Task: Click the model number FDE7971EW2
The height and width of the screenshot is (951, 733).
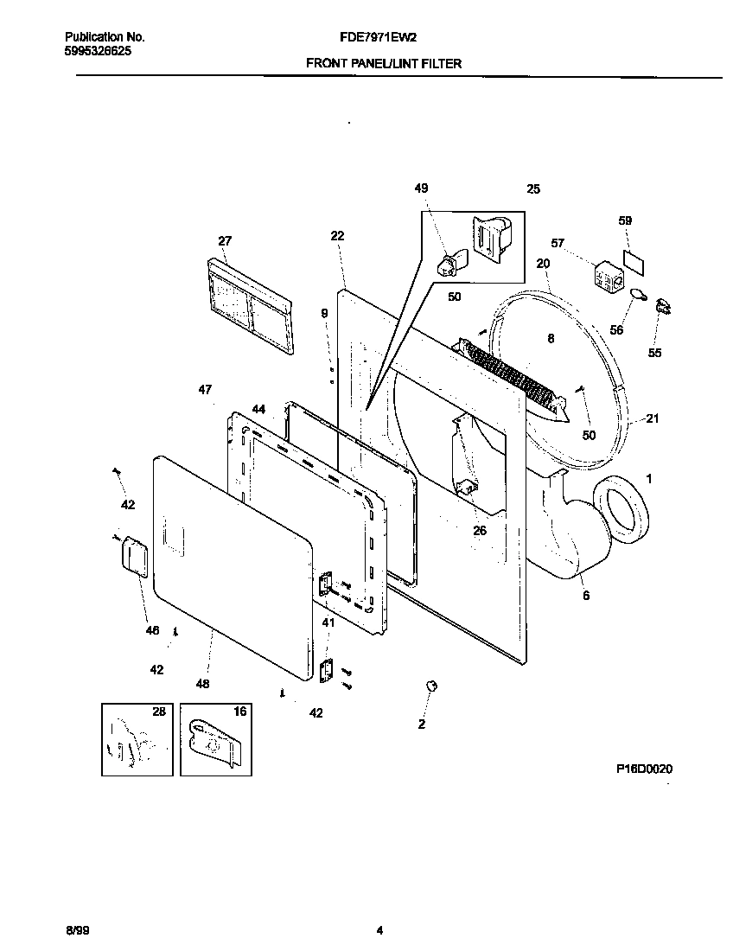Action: tap(379, 38)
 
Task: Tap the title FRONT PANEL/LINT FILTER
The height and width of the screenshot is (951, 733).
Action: tap(384, 63)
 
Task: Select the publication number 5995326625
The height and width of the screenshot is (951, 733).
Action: tap(99, 51)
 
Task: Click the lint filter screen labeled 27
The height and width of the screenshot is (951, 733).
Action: tap(247, 304)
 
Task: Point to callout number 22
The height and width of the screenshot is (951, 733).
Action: tap(337, 236)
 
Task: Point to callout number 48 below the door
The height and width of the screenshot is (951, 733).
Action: tap(202, 684)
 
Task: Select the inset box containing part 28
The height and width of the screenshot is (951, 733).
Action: tap(137, 739)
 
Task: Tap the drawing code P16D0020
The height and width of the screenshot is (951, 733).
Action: tap(644, 769)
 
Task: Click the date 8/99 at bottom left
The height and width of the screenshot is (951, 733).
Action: tap(76, 930)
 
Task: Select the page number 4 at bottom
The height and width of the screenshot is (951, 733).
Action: tap(379, 930)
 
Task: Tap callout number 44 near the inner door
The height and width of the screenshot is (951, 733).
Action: tap(258, 408)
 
